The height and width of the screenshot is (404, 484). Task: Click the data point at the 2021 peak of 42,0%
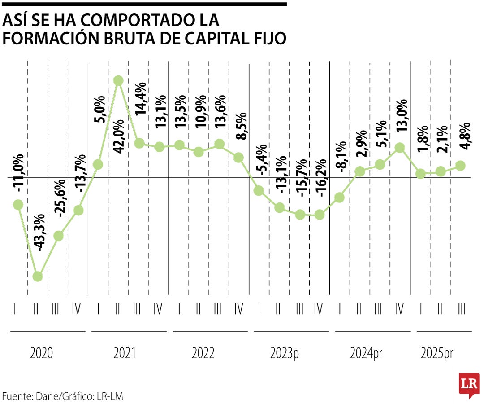118,81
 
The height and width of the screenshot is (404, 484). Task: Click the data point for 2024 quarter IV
400,148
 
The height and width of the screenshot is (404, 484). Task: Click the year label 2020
42,354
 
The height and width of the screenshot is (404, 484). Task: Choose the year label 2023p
285,354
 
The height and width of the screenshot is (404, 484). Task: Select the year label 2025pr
437,354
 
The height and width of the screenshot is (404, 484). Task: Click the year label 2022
203,354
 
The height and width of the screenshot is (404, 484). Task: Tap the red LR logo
468,385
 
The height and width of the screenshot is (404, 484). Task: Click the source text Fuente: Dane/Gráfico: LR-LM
62,396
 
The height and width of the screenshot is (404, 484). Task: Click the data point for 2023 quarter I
259,191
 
